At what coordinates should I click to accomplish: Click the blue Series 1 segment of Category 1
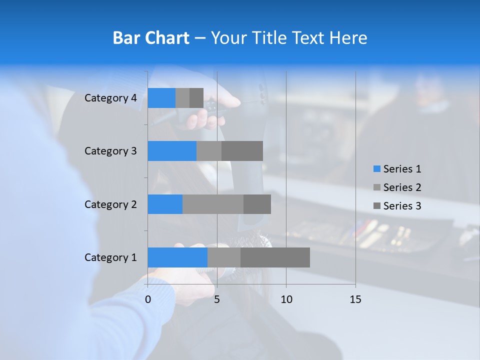(x=177, y=257)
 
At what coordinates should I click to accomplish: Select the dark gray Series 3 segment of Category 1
(x=275, y=257)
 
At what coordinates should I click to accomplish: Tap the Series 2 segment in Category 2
(x=213, y=204)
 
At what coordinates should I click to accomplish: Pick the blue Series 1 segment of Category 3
(x=172, y=151)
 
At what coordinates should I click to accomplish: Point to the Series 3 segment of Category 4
(x=196, y=98)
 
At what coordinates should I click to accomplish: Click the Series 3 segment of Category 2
(x=257, y=204)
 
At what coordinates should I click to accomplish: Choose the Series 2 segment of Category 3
(x=209, y=151)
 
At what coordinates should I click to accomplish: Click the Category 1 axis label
(x=110, y=257)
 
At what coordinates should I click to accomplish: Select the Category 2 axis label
(x=110, y=204)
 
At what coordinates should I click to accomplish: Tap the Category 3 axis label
(x=110, y=151)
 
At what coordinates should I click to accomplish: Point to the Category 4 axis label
(x=110, y=98)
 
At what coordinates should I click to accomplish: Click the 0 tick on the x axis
(x=148, y=299)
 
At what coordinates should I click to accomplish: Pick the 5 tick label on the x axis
(x=217, y=299)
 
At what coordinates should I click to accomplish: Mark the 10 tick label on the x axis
(x=286, y=299)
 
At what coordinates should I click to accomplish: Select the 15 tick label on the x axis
(x=355, y=299)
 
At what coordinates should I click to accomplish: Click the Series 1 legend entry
(x=397, y=169)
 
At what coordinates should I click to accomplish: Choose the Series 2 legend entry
(x=397, y=187)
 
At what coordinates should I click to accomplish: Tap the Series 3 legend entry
(x=397, y=206)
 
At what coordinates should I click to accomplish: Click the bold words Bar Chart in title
(x=151, y=38)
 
